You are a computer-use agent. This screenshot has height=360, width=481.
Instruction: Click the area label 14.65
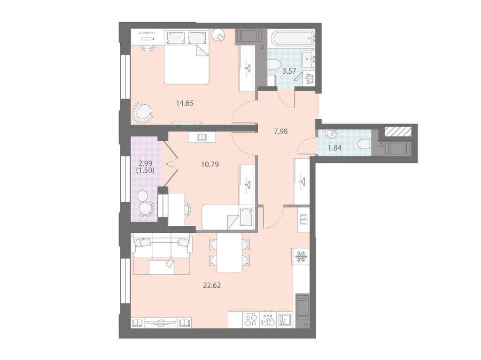[185, 103]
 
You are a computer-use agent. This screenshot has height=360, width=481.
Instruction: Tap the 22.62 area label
[212, 285]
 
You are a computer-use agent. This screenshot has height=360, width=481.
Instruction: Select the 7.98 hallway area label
[281, 131]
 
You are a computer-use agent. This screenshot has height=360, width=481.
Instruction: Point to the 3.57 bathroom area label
[289, 71]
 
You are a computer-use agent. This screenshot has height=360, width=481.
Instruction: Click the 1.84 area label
[334, 148]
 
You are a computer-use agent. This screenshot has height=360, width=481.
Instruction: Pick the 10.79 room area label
[210, 164]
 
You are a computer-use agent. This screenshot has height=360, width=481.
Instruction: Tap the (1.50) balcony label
[145, 170]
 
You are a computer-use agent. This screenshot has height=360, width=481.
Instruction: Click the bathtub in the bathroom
[293, 38]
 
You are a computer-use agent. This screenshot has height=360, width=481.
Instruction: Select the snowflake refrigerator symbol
[301, 256]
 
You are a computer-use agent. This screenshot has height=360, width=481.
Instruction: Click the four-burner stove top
[251, 320]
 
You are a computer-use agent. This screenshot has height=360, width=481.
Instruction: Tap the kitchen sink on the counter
[285, 320]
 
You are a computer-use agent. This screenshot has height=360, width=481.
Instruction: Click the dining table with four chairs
[229, 253]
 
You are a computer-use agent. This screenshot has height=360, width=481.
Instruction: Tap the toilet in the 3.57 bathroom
[273, 65]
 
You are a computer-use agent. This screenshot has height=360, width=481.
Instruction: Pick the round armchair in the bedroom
[142, 113]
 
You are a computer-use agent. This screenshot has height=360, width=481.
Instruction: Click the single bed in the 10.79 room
[228, 217]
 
